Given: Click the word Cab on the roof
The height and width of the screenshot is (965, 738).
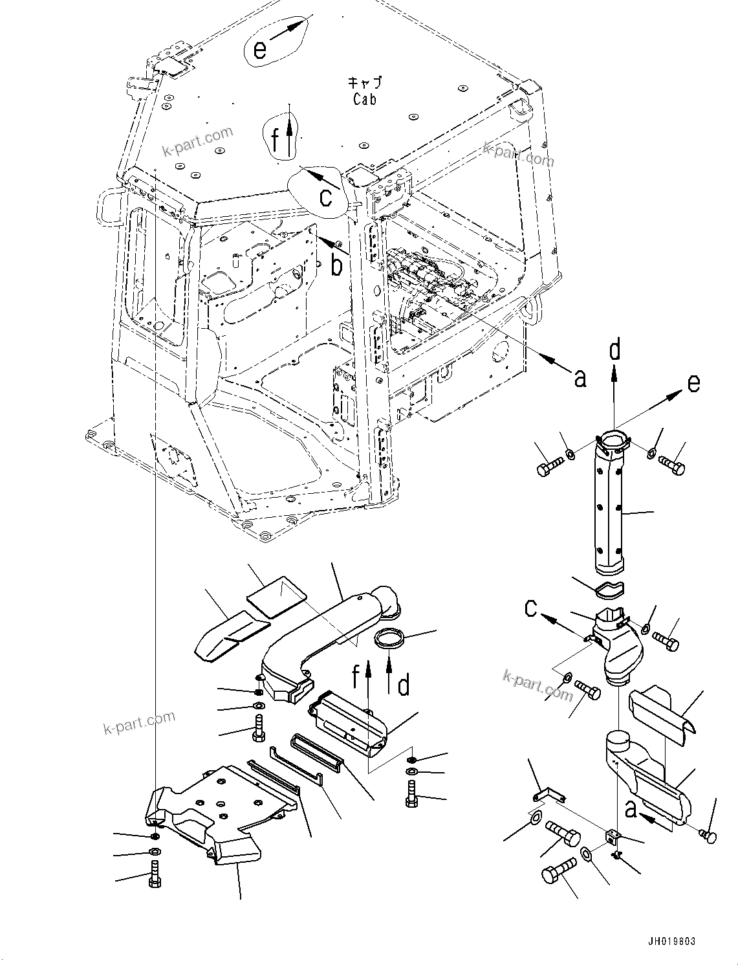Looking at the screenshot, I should pyautogui.click(x=364, y=100).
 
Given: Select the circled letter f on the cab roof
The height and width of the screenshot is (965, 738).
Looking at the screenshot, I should pyautogui.click(x=276, y=139).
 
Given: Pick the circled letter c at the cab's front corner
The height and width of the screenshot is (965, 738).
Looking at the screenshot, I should pyautogui.click(x=327, y=196).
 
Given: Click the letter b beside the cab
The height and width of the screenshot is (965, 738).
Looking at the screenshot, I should pyautogui.click(x=336, y=265).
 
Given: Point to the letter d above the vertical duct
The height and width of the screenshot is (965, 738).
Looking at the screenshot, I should pyautogui.click(x=614, y=349).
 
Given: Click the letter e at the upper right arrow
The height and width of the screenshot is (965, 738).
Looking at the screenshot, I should pyautogui.click(x=693, y=383).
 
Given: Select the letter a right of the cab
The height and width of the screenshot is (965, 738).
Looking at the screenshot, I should pyautogui.click(x=580, y=378).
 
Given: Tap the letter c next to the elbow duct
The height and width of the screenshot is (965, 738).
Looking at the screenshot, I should pyautogui.click(x=531, y=608).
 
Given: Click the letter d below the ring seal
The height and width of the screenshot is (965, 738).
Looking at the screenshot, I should pyautogui.click(x=403, y=685).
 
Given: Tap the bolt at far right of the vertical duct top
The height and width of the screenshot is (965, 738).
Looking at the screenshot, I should pyautogui.click(x=672, y=465).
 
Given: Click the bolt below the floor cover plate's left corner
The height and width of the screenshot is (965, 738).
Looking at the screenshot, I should pyautogui.click(x=155, y=874).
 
